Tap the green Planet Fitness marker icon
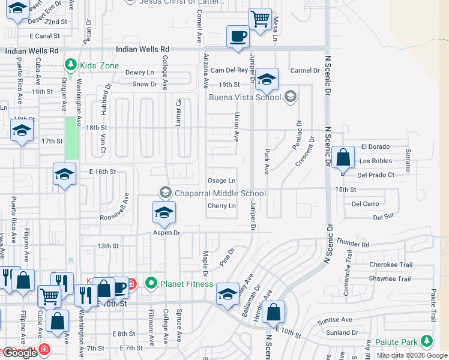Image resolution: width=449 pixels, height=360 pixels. tap(151, 283)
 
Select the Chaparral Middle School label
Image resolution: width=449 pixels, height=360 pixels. tap(220, 193)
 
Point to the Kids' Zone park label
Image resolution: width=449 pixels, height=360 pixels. tap(97, 65)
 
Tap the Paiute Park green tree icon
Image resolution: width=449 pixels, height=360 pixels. tap(427, 342)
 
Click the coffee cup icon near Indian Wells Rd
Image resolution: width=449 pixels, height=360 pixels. tap(238, 36)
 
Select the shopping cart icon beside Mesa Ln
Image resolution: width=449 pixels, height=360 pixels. tap(260, 19)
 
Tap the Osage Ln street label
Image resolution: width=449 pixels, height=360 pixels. tap(221, 181)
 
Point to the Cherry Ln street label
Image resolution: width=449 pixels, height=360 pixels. tap(221, 206)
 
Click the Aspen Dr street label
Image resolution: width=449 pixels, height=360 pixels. tap(166, 233)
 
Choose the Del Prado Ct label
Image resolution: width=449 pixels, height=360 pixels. tap(375, 175)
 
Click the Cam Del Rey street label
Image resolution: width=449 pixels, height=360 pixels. tap(229, 70)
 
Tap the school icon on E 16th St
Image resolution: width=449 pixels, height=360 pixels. tap(64, 175)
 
